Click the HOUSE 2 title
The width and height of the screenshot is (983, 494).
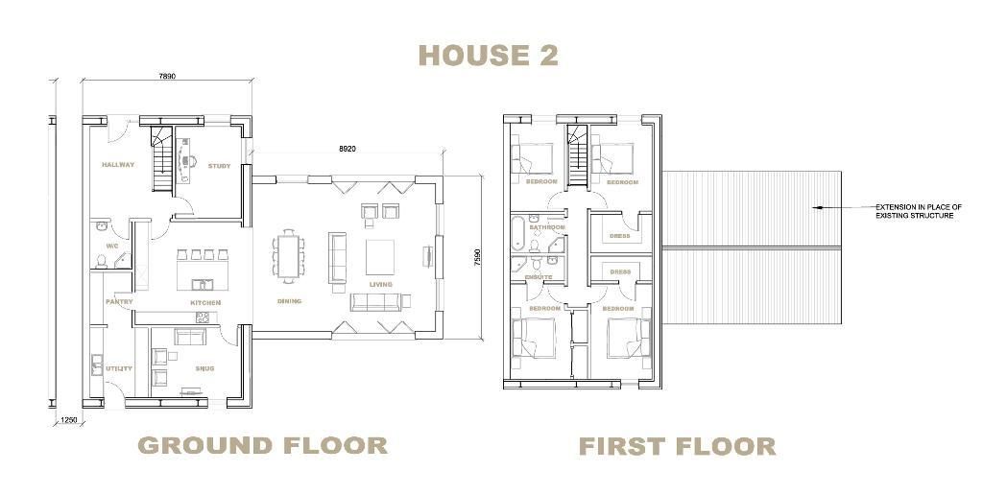(489, 55)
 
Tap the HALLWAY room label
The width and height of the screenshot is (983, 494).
(118, 165)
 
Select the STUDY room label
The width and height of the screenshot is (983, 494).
(220, 166)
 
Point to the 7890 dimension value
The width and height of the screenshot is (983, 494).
(167, 77)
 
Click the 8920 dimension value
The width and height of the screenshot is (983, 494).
(348, 149)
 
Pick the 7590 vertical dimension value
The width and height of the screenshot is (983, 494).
(478, 259)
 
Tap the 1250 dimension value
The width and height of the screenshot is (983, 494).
(69, 420)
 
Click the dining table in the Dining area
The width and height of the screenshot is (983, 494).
(288, 253)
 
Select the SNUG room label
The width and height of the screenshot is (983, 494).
(204, 368)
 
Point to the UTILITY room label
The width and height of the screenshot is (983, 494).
(119, 368)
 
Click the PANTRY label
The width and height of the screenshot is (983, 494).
(119, 302)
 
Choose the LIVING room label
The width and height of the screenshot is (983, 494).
(380, 285)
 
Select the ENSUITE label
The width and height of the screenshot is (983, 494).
(539, 277)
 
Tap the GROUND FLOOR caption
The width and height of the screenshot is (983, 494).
(263, 446)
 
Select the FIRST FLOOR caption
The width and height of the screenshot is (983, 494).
(677, 447)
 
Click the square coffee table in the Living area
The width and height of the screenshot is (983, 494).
(380, 257)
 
